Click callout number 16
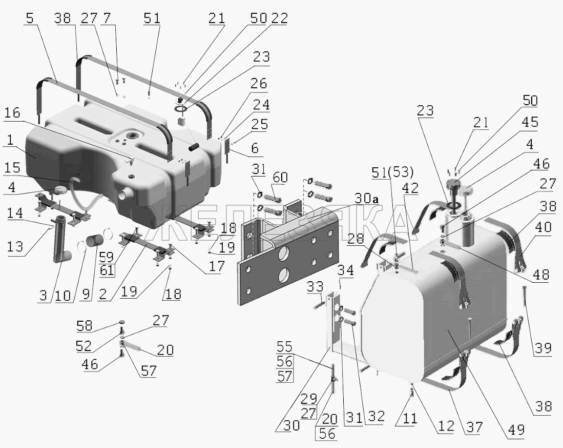[12, 113]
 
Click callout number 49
[517, 429]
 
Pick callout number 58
[85, 326]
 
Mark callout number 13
[15, 246]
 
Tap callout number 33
[315, 287]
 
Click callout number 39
[543, 348]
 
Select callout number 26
[259, 84]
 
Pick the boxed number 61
[107, 269]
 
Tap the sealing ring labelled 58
[122, 322]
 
